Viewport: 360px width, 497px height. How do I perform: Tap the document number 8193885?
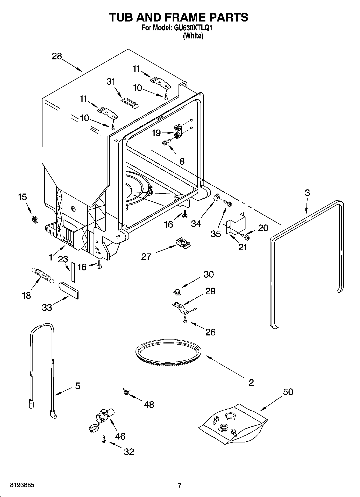coord(22,485)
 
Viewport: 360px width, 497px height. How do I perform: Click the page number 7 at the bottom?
coord(180,485)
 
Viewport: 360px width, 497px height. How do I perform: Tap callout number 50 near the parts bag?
coord(288,392)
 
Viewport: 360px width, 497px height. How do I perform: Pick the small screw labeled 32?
coord(104,439)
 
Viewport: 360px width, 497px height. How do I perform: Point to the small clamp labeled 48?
coord(126,392)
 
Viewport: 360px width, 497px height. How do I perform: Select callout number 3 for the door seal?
coord(307,193)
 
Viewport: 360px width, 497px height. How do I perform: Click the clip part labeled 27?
coord(183,242)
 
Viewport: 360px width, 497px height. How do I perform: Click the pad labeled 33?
coord(69,290)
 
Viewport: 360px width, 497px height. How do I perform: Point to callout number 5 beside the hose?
coord(77,386)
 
